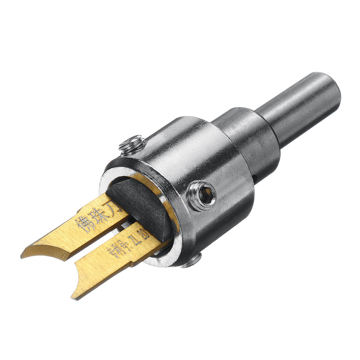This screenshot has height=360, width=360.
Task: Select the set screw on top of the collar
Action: tap(131, 145)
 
